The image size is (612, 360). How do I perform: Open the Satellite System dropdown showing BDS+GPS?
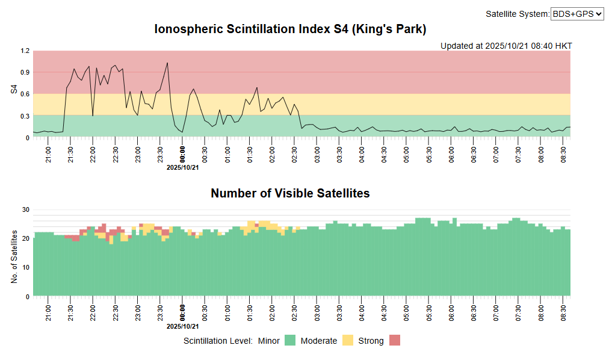(x=576, y=14)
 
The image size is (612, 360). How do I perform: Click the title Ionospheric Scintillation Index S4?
(x=290, y=29)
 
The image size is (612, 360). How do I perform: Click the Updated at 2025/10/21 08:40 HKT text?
(x=506, y=46)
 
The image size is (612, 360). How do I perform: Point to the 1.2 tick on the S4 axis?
(x=25, y=51)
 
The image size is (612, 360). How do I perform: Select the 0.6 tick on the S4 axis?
(x=25, y=95)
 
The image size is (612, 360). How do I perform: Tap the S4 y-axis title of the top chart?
(x=14, y=90)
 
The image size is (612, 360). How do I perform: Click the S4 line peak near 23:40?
(x=167, y=63)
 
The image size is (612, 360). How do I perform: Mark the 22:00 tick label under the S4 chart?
(x=93, y=148)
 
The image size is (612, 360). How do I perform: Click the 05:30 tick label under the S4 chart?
(x=429, y=148)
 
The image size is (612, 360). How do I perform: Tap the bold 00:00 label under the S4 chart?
(x=183, y=148)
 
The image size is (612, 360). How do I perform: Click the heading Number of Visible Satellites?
(x=290, y=193)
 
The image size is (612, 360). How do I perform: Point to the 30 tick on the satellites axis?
(x=26, y=210)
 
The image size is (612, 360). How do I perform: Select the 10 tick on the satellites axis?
(x=26, y=268)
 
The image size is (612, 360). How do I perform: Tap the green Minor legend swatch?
(x=290, y=341)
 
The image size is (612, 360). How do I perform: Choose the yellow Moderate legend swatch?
(x=348, y=341)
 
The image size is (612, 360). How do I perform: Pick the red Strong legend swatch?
(x=394, y=341)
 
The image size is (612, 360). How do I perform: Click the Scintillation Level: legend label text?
(x=218, y=341)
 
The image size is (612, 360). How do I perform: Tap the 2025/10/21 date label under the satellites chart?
(x=183, y=326)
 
